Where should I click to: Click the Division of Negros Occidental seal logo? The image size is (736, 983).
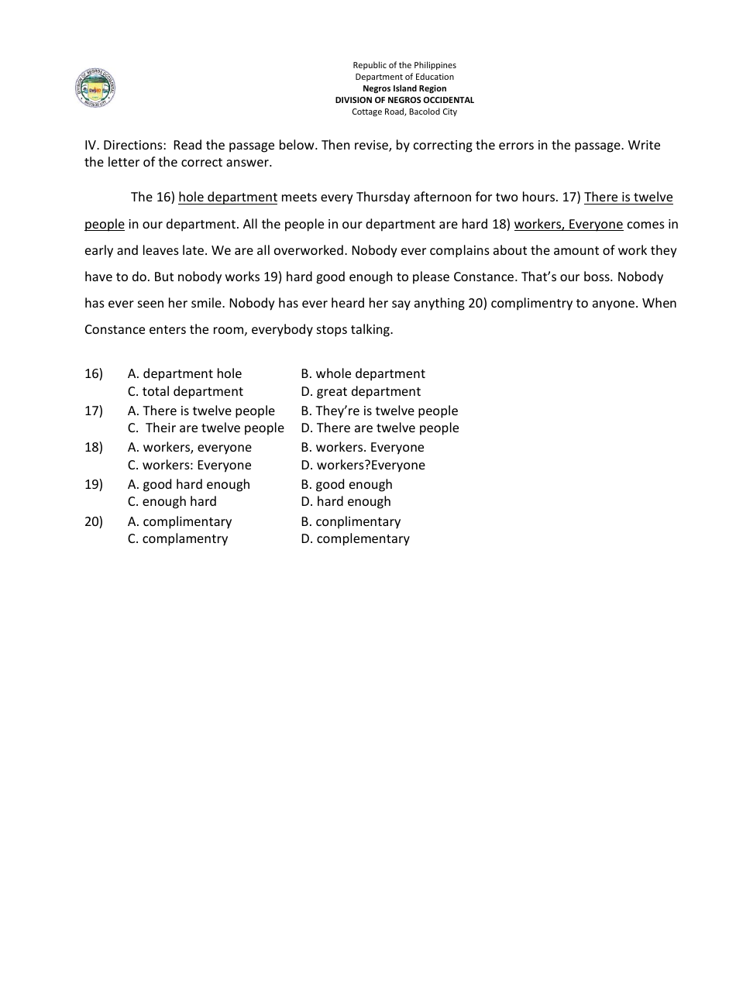click(x=95, y=88)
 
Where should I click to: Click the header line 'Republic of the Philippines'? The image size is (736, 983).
click(x=404, y=66)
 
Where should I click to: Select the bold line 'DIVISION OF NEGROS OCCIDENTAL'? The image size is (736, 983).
click(x=404, y=100)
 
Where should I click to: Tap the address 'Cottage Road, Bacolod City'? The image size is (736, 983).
click(x=404, y=112)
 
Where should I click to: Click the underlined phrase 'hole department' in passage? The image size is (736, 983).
click(x=228, y=198)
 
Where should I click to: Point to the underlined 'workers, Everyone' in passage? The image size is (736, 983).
click(x=569, y=225)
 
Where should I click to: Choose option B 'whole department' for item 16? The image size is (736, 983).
click(x=363, y=374)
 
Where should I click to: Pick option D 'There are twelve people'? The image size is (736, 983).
click(x=380, y=428)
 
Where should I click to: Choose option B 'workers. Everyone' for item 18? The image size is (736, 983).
click(x=363, y=448)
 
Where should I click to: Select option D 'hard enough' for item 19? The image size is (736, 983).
click(x=346, y=502)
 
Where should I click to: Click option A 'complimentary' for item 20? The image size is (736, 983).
click(x=180, y=522)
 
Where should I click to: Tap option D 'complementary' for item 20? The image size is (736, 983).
click(x=355, y=539)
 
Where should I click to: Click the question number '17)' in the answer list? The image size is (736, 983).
click(x=94, y=411)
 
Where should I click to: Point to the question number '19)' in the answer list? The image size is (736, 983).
click(x=94, y=485)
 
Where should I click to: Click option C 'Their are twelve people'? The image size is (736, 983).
click(x=206, y=428)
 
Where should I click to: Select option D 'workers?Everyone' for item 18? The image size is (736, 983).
click(x=363, y=466)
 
